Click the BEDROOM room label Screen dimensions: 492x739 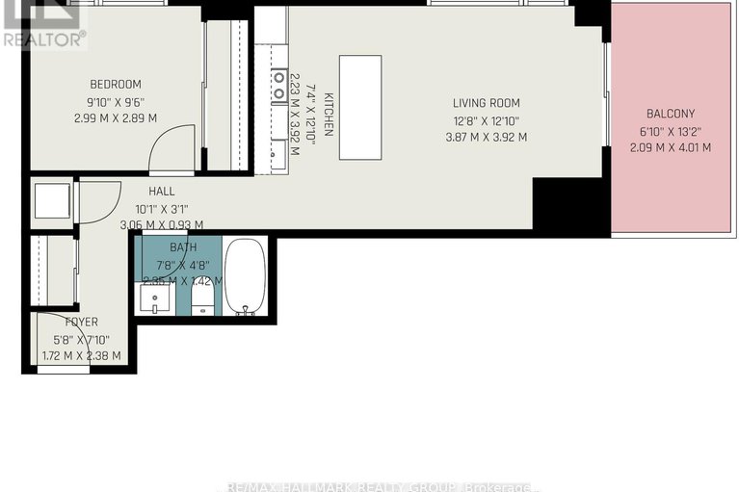[116, 84]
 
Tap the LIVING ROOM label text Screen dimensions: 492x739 [487, 103]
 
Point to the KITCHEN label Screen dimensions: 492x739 [328, 114]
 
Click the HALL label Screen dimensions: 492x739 [161, 192]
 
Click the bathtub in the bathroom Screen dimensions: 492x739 [245, 276]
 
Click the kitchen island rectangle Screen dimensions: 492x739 [360, 93]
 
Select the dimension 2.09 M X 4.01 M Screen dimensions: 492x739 [670, 147]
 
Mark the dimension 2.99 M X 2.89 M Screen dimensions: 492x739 [116, 117]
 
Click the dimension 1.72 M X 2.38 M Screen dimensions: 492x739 [81, 355]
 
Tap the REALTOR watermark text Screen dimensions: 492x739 [42, 39]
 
